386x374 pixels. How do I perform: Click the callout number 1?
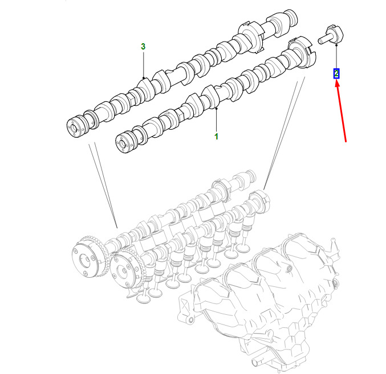pos(216,137)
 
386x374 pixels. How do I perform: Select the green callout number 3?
pos(143,47)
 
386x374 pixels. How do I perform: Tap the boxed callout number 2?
pos(336,73)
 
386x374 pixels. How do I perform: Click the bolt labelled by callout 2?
pos(330,35)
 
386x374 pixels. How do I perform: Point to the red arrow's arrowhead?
pos(338,84)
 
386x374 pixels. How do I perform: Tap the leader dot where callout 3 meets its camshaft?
pos(143,78)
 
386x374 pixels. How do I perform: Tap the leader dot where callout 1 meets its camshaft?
pos(217,108)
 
